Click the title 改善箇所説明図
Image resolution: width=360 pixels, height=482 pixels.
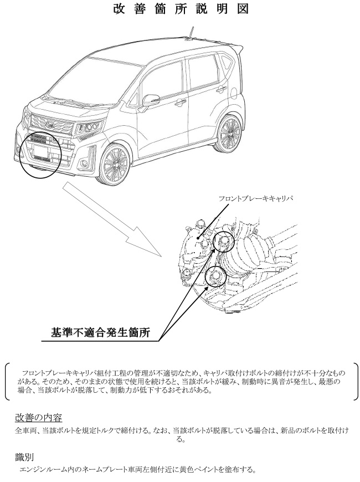click(181, 9)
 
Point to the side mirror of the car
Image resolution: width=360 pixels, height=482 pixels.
click(151, 99)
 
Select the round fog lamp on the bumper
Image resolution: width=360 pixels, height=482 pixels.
click(84, 163)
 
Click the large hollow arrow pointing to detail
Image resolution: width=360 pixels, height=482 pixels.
click(112, 219)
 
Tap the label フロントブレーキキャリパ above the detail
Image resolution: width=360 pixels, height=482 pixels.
click(255, 198)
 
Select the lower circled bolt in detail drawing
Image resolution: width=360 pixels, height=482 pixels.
click(216, 276)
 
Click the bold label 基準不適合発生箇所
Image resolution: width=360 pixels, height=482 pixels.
click(101, 332)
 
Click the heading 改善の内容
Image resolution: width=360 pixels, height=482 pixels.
click(39, 418)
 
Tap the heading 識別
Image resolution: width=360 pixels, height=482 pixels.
click(24, 458)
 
